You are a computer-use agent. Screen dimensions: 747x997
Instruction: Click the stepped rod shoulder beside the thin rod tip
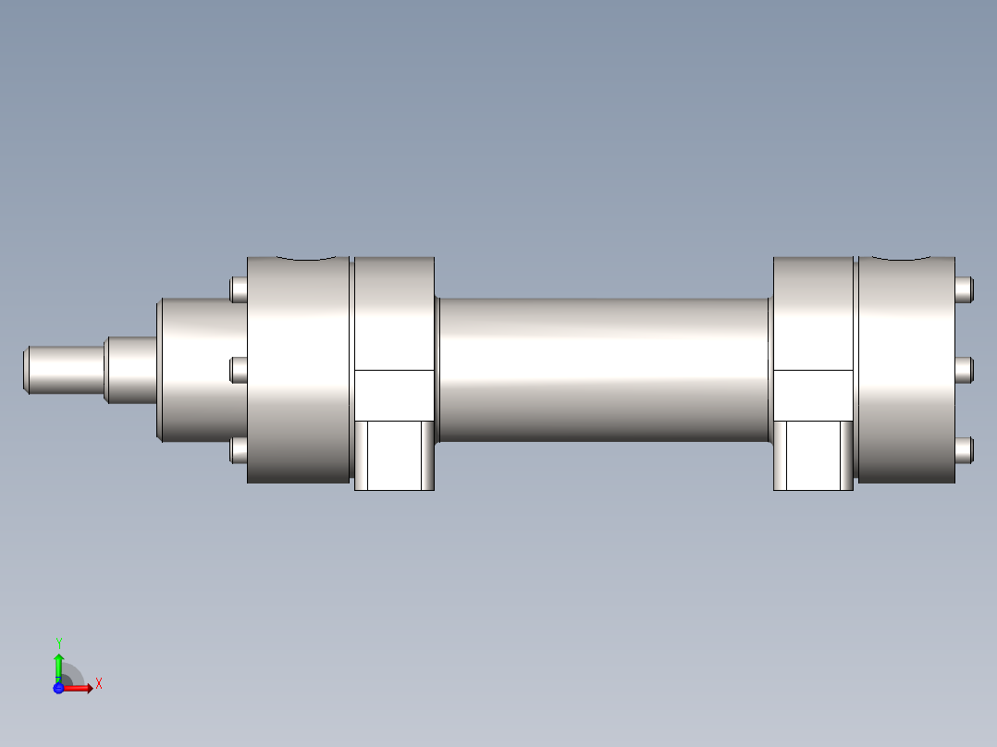pos(129,370)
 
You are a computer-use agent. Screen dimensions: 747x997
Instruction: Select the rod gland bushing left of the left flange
pos(199,370)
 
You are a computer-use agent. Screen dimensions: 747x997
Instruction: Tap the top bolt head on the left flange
pos(239,289)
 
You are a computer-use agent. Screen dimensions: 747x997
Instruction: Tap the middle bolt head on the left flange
pos(239,370)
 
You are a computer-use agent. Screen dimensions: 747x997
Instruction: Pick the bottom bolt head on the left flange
pos(239,450)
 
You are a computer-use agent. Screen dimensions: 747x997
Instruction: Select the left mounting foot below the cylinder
pos(395,455)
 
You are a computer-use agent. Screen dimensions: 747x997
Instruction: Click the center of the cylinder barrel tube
pos(603,370)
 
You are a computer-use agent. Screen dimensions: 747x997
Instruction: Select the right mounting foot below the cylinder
pos(813,455)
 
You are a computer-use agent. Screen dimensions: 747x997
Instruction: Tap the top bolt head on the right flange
pos(965,289)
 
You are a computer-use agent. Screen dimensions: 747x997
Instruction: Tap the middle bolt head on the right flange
pos(965,370)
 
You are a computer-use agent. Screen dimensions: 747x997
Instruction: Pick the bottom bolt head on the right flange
pos(965,450)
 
